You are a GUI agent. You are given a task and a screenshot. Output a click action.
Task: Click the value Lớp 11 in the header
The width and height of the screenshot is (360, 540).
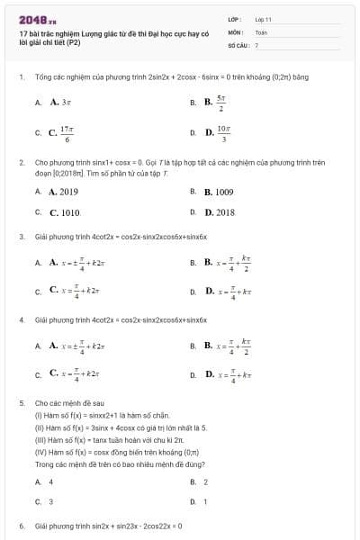click(263, 18)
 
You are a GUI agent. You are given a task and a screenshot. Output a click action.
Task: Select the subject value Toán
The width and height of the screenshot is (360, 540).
click(261, 31)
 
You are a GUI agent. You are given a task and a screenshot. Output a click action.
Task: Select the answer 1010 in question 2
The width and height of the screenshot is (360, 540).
click(64, 213)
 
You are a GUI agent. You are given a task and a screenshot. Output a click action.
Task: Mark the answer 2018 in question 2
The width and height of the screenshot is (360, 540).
click(219, 213)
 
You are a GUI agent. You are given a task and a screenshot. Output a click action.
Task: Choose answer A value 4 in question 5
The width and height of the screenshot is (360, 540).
click(50, 481)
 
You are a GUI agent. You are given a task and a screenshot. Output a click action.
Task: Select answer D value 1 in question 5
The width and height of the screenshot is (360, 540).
click(205, 501)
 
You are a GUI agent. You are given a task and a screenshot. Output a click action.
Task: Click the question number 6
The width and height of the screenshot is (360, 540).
click(22, 525)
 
